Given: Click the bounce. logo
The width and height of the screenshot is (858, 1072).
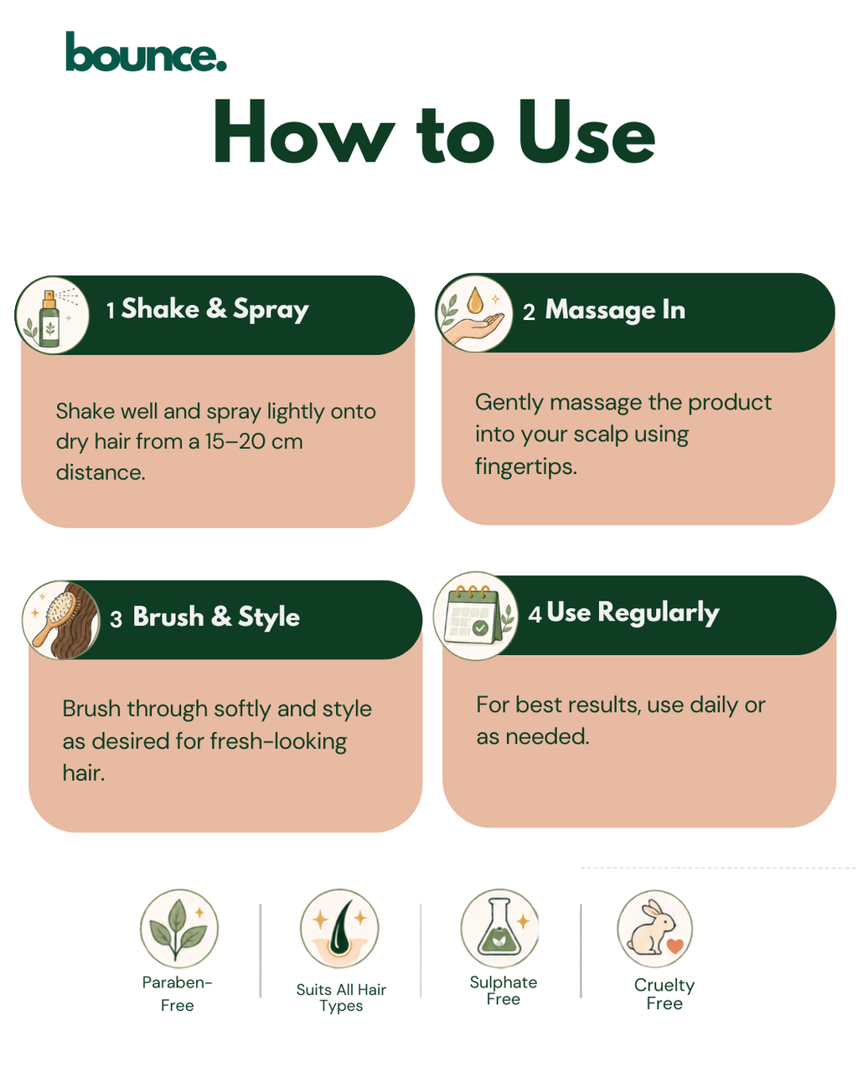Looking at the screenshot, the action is (146, 51).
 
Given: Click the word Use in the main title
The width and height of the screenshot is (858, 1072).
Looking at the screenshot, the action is (587, 131).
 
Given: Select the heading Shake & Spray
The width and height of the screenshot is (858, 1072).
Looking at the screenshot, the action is (214, 309).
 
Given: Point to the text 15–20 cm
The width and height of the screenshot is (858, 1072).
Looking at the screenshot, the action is (253, 441).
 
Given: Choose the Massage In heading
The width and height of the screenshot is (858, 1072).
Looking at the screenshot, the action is (615, 310).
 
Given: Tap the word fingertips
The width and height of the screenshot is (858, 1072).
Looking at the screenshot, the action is (525, 466).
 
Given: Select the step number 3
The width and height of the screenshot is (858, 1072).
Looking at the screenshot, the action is (116, 619).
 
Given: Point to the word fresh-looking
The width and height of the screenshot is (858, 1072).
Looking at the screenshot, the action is (278, 740).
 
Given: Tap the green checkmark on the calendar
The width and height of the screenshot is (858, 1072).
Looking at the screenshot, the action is (480, 627).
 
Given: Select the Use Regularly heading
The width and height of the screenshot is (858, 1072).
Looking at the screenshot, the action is (633, 612).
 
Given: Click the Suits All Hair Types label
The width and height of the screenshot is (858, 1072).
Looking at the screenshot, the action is (341, 997).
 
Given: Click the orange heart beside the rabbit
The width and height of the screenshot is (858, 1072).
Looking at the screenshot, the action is (675, 945).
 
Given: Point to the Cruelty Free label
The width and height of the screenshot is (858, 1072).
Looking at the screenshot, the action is (664, 994).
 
